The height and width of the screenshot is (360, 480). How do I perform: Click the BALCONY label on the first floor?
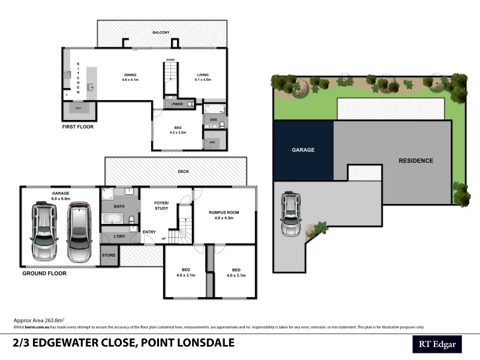161,32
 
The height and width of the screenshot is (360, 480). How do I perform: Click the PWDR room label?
177,104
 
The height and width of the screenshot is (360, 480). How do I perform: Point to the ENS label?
213,120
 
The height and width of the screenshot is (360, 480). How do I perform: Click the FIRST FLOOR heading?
78,127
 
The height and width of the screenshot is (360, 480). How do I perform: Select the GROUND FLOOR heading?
44,273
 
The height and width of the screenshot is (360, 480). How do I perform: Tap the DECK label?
183,172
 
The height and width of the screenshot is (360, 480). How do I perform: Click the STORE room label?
109,256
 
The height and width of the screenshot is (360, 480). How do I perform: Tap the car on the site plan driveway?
290,214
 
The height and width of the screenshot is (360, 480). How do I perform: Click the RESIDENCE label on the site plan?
416,161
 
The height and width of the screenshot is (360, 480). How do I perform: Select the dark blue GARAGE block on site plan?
303,150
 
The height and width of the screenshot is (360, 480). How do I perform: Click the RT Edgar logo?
436,344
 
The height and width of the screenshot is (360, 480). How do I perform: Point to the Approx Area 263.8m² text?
38,320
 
